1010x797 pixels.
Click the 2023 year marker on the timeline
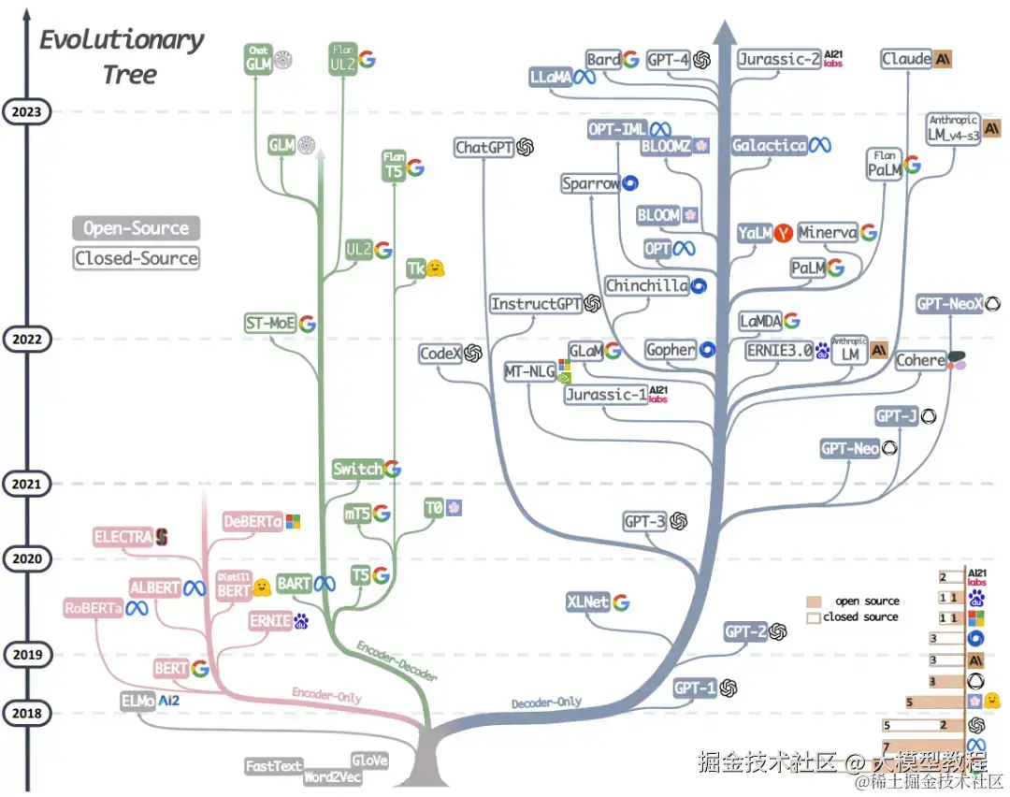27,112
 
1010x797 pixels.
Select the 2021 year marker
27,484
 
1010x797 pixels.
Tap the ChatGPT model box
483,147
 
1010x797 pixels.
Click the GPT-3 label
643,521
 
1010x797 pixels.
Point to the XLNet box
588,601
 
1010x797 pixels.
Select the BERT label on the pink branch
171,669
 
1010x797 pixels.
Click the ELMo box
138,700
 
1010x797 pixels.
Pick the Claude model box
906,59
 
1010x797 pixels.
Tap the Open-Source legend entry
137,228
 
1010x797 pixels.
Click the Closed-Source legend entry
137,258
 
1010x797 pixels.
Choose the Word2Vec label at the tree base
331,777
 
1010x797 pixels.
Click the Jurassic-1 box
606,395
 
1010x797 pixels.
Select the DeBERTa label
252,522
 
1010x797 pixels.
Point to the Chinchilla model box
646,285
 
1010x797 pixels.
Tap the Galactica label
769,145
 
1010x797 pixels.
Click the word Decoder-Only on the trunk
546,702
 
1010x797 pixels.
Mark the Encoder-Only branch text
326,696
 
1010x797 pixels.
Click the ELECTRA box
123,537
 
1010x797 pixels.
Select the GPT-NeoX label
949,304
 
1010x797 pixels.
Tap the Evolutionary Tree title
122,56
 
